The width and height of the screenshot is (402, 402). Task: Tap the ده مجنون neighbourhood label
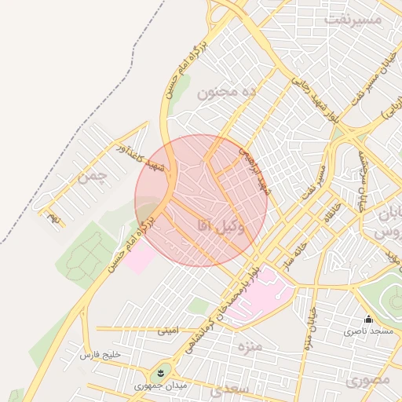(x=227, y=93)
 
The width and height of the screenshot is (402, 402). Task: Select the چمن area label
(x=90, y=177)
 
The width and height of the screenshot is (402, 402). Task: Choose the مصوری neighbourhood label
(x=367, y=381)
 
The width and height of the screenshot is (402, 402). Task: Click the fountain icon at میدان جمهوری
(x=160, y=370)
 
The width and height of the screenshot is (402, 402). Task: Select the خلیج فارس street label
(x=101, y=355)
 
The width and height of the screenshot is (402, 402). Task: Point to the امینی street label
(x=169, y=331)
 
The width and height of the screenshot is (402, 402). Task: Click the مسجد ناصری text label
(x=371, y=333)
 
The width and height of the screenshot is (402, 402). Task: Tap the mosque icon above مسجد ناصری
(x=368, y=319)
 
